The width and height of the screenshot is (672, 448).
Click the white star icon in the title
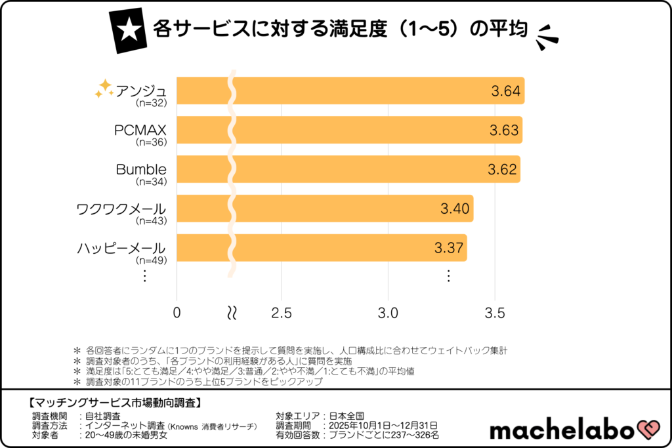point(129,30)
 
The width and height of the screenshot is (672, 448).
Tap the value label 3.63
point(504,130)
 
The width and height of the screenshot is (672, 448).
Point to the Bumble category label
point(140,169)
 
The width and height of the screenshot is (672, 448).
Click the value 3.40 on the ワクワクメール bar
point(455,209)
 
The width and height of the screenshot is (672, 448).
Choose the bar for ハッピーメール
point(322,248)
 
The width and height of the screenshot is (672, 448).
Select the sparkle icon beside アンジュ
point(103,89)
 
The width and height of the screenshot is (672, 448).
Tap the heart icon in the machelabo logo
point(646,430)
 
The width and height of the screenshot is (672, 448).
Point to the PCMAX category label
point(140,130)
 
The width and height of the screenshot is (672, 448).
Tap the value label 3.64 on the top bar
point(506,91)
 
